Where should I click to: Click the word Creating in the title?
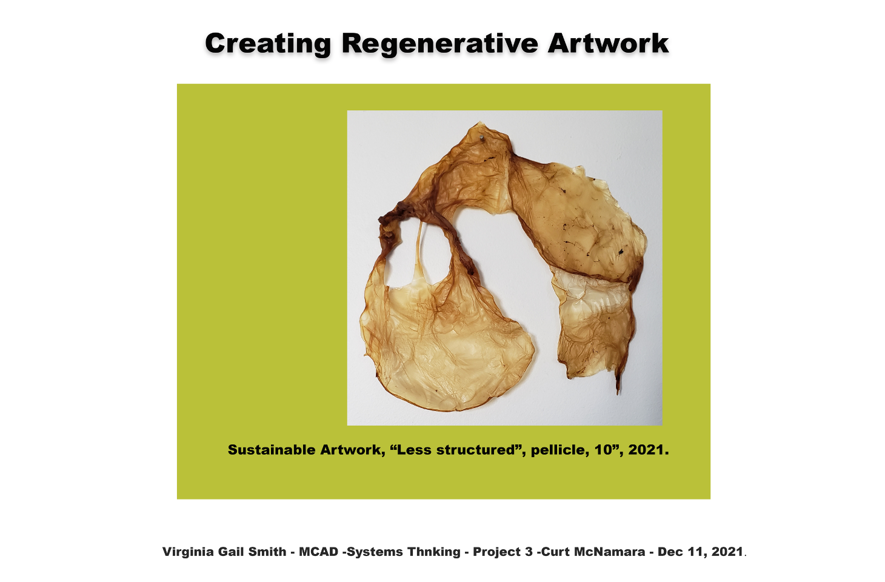[268, 44]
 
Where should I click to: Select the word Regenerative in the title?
[439, 44]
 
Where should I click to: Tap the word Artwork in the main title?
[608, 43]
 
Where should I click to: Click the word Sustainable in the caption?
[272, 450]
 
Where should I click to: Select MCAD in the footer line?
[318, 552]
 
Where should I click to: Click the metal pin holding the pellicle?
[482, 138]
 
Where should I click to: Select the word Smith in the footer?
[268, 552]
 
